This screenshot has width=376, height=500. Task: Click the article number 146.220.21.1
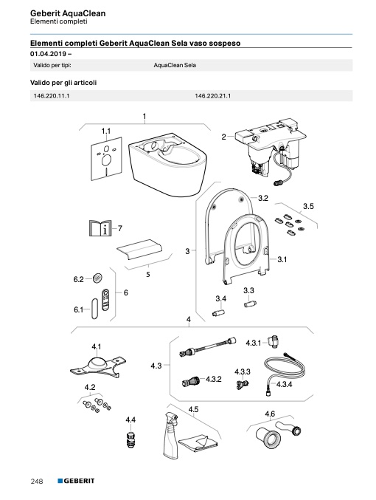pos(212,96)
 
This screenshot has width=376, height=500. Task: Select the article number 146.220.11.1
pos(52,96)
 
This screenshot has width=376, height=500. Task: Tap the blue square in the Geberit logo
pos(60,481)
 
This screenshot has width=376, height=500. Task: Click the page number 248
pos(37,481)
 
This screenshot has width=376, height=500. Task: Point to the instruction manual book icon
pos(100,228)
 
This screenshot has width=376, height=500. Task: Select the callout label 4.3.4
pos(284,384)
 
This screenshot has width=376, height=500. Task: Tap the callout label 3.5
pos(308,206)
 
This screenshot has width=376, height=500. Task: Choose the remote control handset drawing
pos(105,299)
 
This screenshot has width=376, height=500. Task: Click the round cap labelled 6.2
pos(98,278)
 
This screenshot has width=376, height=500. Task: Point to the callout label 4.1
pos(97,346)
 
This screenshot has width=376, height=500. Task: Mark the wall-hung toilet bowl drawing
pos(167,164)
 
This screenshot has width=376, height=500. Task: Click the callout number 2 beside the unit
pos(223,137)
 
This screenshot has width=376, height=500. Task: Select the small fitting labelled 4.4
pos(130,439)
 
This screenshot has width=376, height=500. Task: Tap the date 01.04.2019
pos(49,54)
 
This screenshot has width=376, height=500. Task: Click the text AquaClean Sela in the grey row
pos(175,65)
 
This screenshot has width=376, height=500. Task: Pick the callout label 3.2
pos(263,198)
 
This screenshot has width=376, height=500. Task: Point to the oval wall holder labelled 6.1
pos(94,309)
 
